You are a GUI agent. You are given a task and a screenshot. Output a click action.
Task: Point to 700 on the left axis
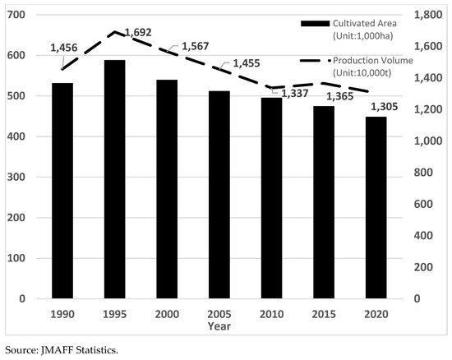pos(17,16)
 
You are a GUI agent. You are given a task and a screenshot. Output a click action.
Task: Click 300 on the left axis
pos(17,177)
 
